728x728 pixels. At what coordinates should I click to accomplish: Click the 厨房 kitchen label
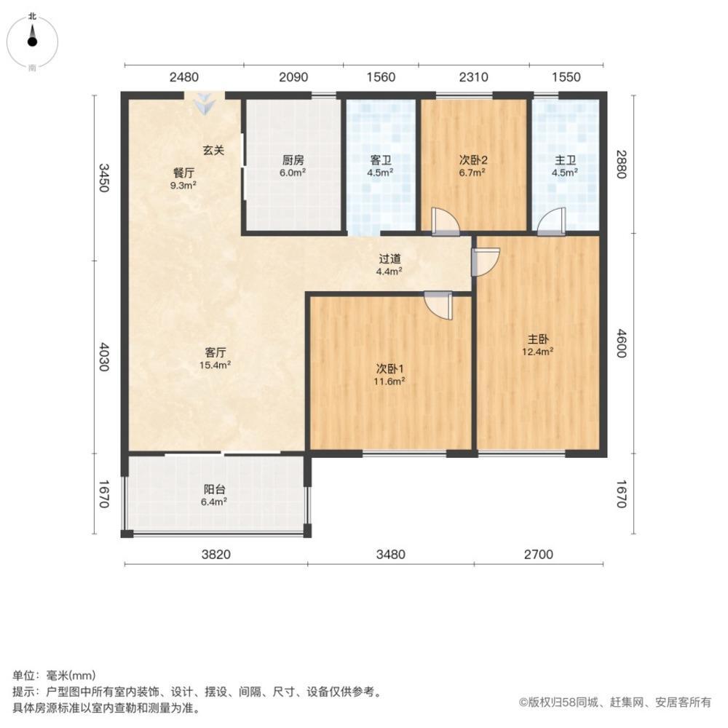click(293, 161)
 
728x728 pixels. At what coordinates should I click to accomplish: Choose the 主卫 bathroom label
click(566, 161)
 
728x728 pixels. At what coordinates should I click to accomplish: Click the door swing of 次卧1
click(439, 306)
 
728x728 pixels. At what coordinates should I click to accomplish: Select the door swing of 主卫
click(553, 221)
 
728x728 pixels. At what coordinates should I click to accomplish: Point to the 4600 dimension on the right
click(620, 343)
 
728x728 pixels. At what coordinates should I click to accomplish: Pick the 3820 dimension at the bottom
click(215, 555)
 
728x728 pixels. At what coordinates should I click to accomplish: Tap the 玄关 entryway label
click(213, 150)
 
